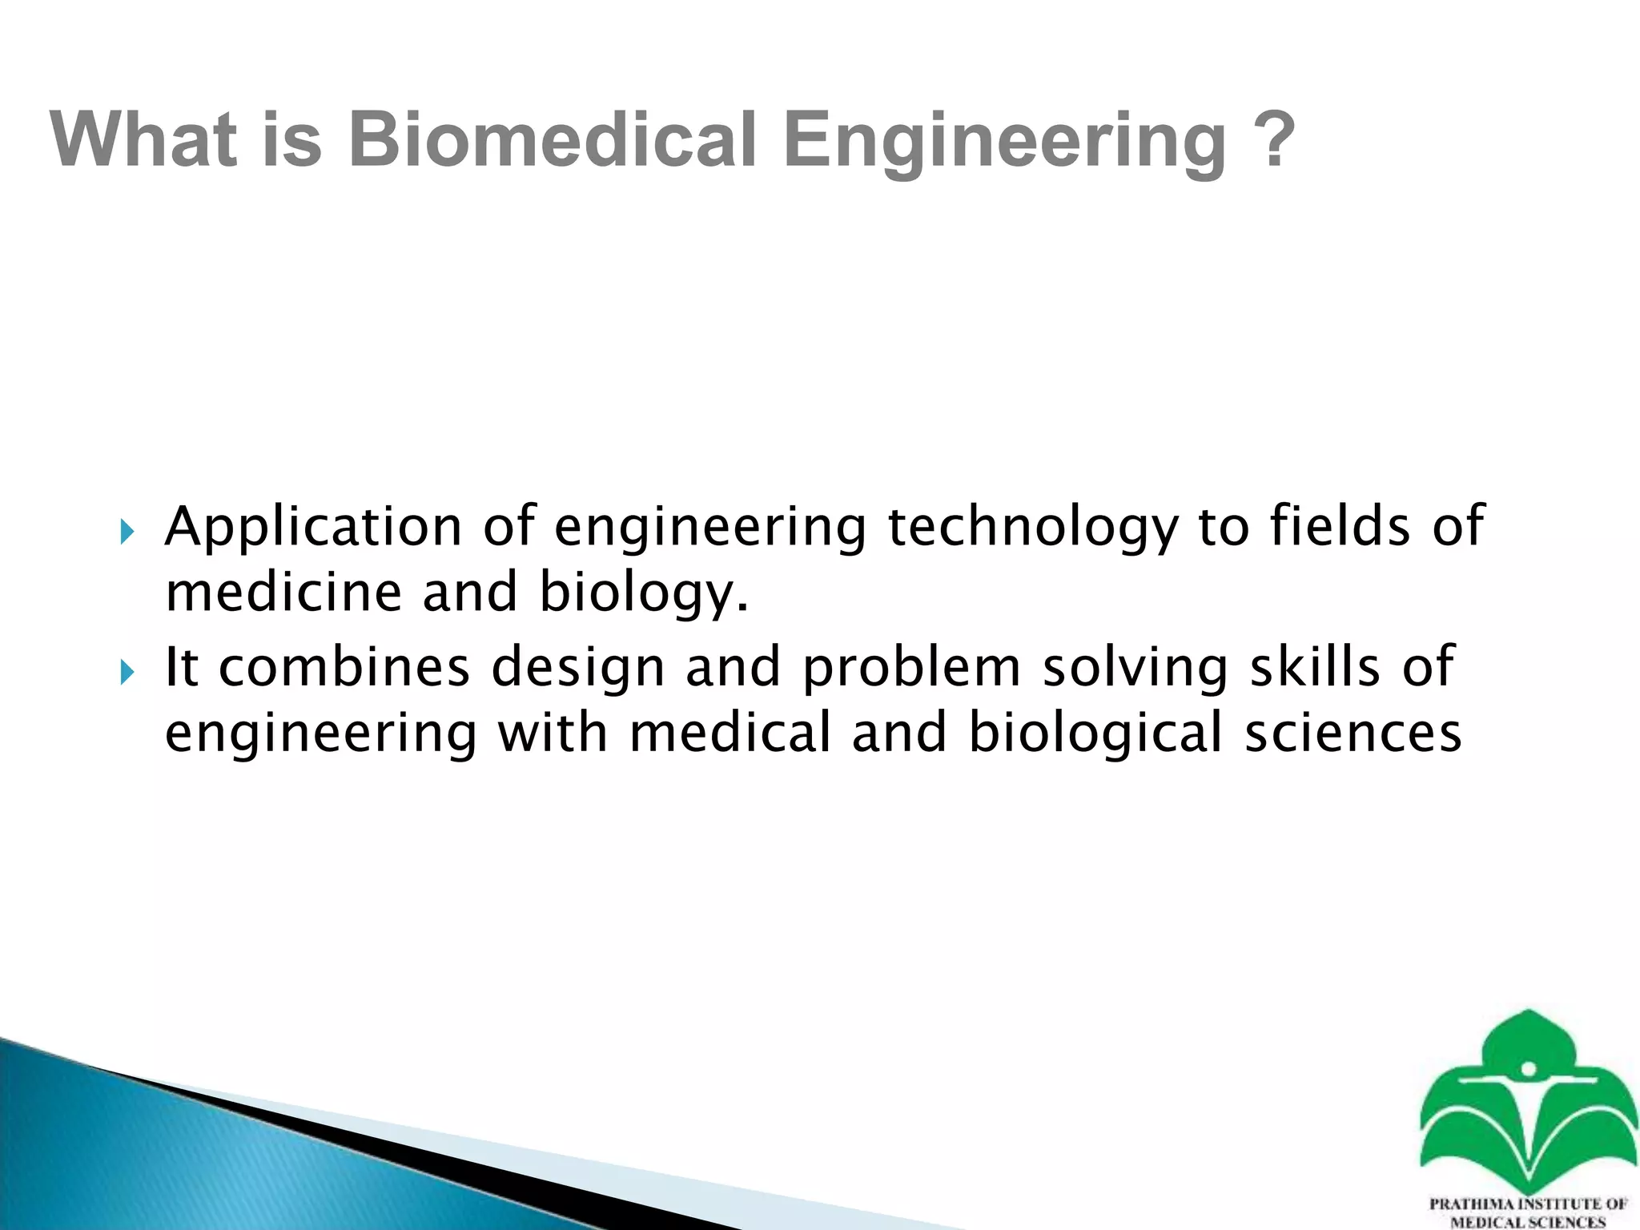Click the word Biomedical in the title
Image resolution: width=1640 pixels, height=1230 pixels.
(x=553, y=140)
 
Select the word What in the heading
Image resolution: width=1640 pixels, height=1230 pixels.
(x=143, y=140)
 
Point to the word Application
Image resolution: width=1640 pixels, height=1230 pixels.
(x=313, y=529)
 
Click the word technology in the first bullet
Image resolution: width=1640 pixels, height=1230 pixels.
(x=1032, y=529)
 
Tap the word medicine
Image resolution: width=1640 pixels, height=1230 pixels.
(x=283, y=593)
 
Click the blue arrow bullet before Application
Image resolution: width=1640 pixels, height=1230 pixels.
(x=127, y=532)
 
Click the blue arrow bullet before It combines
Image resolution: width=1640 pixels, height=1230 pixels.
(x=127, y=672)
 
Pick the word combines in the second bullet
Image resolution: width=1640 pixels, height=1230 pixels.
(x=344, y=668)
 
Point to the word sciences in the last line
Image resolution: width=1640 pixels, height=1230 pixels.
(x=1353, y=734)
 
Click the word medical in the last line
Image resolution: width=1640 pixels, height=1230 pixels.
(x=730, y=734)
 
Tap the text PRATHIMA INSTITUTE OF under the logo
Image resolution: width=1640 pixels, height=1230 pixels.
(x=1527, y=1204)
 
